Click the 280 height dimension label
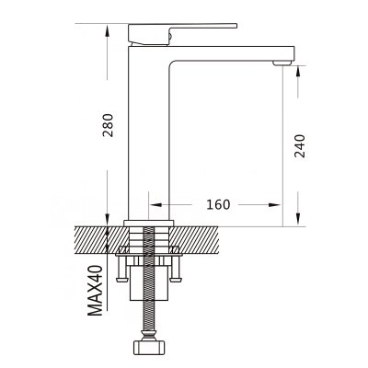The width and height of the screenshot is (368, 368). pyautogui.click(x=108, y=125)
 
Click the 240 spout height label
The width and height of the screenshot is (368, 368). pyautogui.click(x=300, y=146)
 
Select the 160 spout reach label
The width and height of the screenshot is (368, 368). pyautogui.click(x=218, y=204)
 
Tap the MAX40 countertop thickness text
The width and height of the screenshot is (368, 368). pyautogui.click(x=95, y=291)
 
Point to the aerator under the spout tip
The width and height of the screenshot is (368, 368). pyautogui.click(x=282, y=63)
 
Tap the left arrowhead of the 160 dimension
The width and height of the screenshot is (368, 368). pyautogui.click(x=155, y=204)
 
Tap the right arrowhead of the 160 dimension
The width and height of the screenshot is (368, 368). pyautogui.click(x=274, y=204)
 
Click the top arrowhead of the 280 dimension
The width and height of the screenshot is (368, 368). pyautogui.click(x=107, y=31)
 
